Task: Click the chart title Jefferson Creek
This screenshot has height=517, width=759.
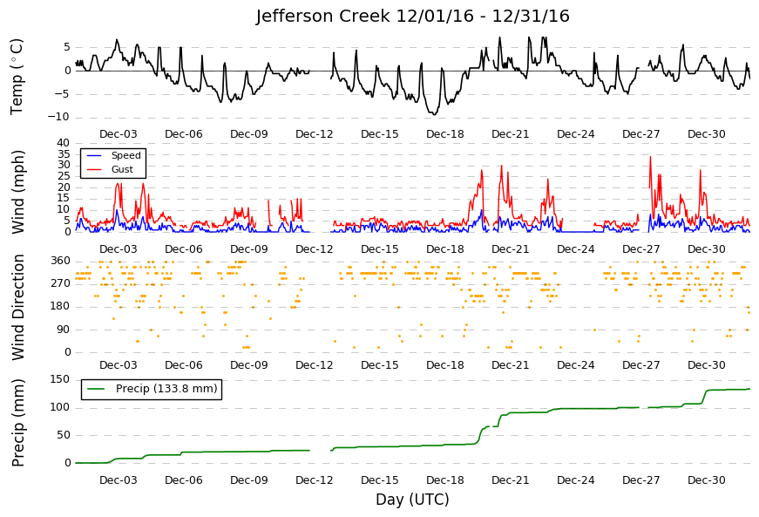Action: pos(323,16)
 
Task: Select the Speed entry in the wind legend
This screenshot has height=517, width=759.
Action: pos(125,155)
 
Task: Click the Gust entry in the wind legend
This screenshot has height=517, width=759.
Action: pos(122,169)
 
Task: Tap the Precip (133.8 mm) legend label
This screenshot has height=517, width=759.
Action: pos(166,389)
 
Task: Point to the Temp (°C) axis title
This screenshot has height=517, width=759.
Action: pos(17,77)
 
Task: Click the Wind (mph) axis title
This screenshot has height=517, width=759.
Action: pos(18,192)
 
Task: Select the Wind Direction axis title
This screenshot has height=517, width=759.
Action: pos(18,308)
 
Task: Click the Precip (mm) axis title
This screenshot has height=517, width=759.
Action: pos(18,423)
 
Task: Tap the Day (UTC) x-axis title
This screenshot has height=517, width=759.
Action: pos(412,500)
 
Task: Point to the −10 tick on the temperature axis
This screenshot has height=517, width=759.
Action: pos(59,117)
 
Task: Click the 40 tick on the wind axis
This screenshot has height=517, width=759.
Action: pos(64,143)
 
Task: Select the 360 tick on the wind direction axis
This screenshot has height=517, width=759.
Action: pos(61,261)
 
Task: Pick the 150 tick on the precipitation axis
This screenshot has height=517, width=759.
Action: pos(61,379)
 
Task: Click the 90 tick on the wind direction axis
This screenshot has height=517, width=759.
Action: pos(64,330)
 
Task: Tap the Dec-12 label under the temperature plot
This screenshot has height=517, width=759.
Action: pos(315,134)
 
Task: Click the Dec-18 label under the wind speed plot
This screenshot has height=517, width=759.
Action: pos(445,249)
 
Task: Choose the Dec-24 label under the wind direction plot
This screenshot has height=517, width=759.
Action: pos(576,365)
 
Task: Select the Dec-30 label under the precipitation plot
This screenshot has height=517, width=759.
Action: pos(707,480)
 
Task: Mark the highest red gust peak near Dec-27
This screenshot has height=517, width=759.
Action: pos(650,157)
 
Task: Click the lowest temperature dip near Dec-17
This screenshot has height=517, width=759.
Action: pos(434,114)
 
